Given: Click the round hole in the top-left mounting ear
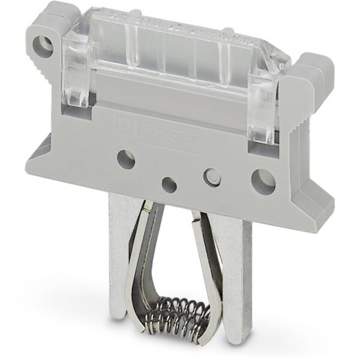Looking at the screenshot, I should point(43,46).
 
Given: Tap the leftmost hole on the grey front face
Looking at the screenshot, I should point(125,160).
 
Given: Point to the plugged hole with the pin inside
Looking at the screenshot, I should point(212,177).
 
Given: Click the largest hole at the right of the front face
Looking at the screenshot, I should point(263,181).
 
